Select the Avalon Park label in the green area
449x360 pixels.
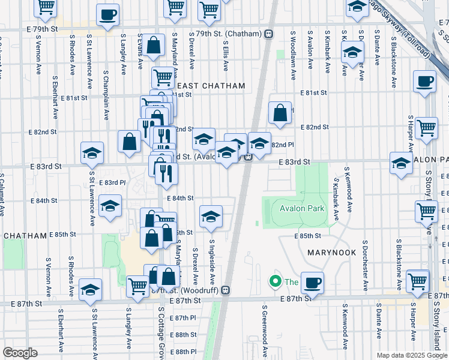click(x=301, y=209)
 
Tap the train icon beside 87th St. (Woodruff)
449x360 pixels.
click(x=226, y=290)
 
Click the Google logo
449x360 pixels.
click(x=20, y=353)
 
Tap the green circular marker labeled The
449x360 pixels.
click(x=276, y=281)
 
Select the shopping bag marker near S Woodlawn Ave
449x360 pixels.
click(x=280, y=112)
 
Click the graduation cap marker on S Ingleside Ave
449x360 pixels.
click(x=211, y=217)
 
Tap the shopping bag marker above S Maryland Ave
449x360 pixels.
click(x=154, y=44)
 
